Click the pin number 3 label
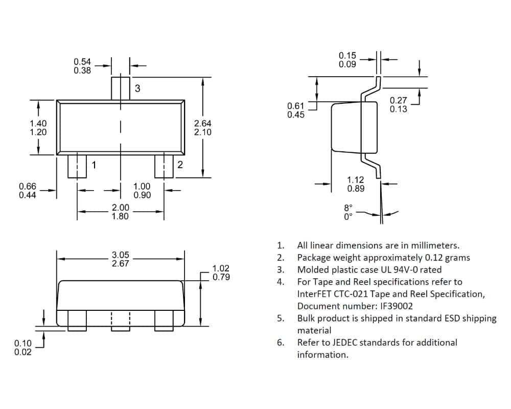(137, 88)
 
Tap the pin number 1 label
(94, 165)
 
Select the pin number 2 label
(180, 165)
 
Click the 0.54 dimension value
(82, 62)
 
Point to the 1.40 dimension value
(38, 123)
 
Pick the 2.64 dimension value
(203, 123)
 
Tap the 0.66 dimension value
(28, 186)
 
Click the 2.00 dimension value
(120, 208)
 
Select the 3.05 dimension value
(120, 255)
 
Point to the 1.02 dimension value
(221, 268)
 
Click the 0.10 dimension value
(23, 343)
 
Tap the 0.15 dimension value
(347, 55)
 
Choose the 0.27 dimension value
(398, 100)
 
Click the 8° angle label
(348, 208)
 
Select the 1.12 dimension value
(356, 180)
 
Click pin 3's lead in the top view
(121, 89)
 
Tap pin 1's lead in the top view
(77, 166)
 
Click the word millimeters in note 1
(435, 245)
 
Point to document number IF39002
(397, 306)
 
